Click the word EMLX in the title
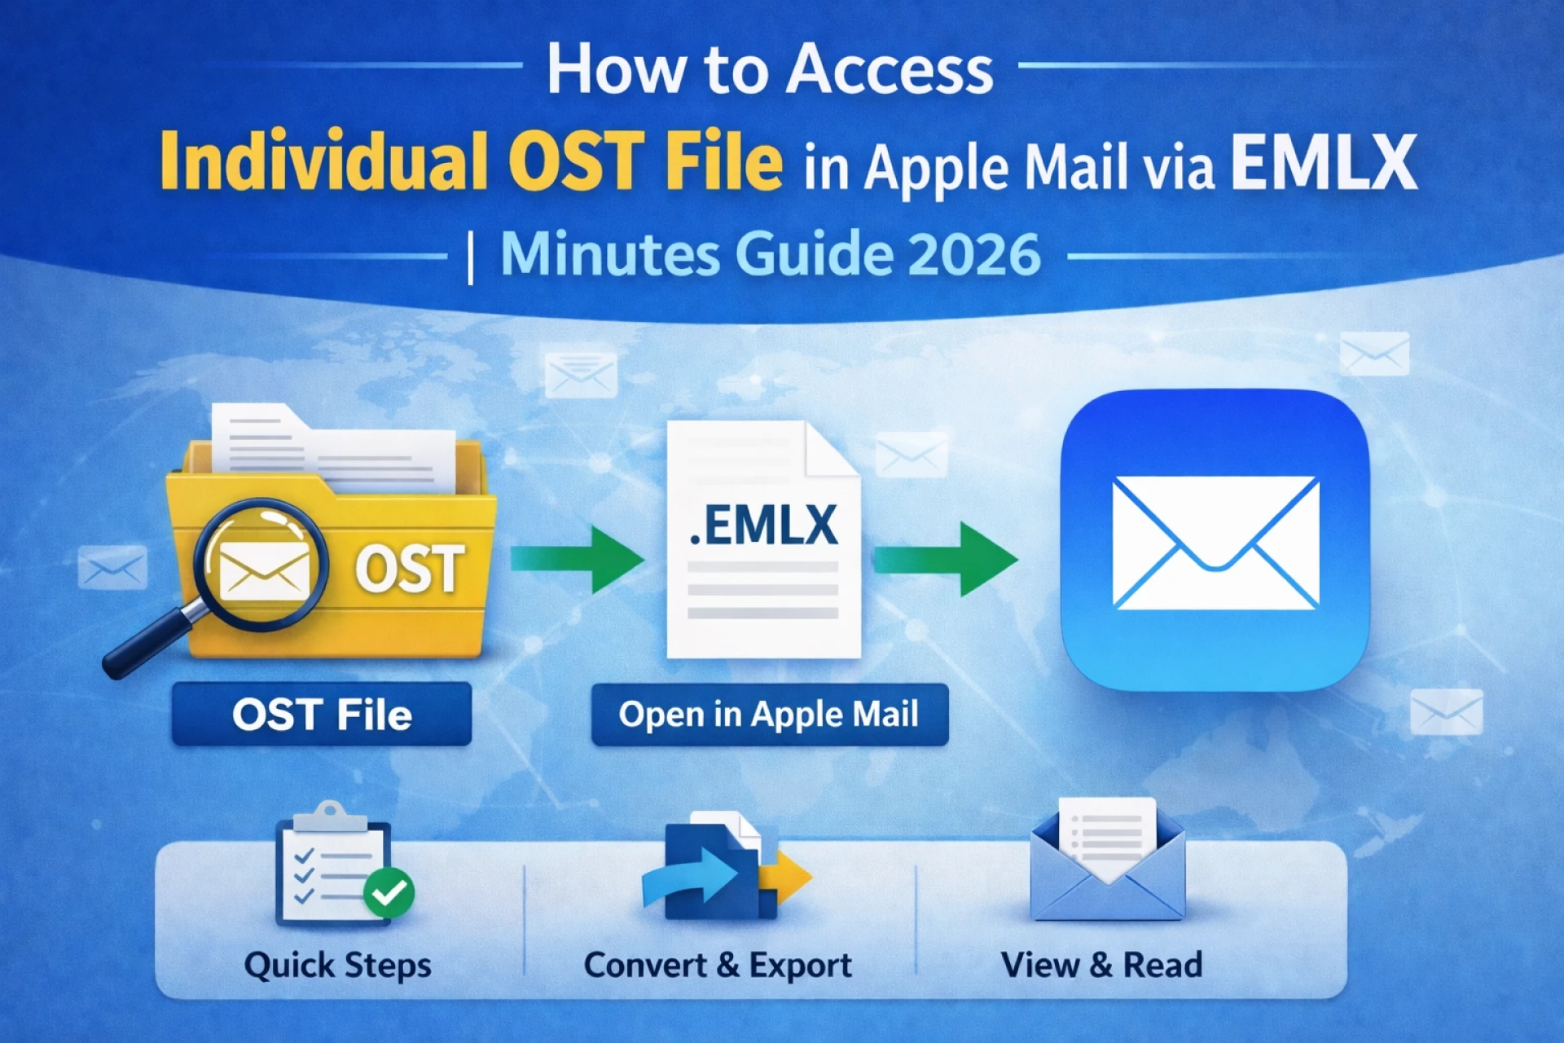coord(1324,163)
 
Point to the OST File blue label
coord(322,715)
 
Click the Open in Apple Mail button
coord(769,715)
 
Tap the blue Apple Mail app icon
coord(1214,540)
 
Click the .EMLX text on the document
coord(763,526)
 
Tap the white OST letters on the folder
coord(410,569)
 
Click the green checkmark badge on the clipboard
coord(389,893)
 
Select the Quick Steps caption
coord(337,966)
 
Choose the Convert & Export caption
coord(718,966)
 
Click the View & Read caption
coord(1101,966)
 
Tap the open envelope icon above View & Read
coord(1107,864)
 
